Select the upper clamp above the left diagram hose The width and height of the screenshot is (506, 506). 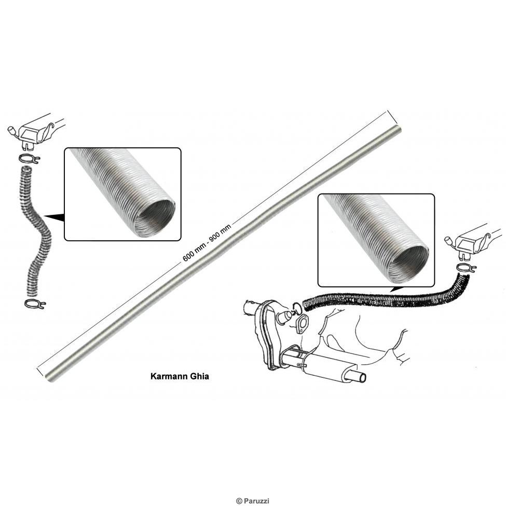(28, 158)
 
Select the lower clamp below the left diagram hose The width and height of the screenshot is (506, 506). (35, 303)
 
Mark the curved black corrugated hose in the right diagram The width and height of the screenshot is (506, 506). (384, 298)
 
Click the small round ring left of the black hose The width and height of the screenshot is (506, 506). (296, 307)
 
